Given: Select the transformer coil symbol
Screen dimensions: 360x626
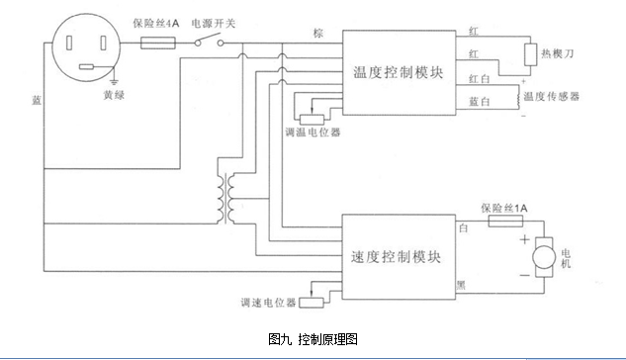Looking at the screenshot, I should point(229,198).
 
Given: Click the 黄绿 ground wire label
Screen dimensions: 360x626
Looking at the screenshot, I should point(115,95).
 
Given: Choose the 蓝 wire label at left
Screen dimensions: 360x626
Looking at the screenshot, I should point(37,100).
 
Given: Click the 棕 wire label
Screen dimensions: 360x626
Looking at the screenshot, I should point(316,33).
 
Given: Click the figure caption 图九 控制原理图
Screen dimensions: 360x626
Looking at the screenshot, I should point(313,338).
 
